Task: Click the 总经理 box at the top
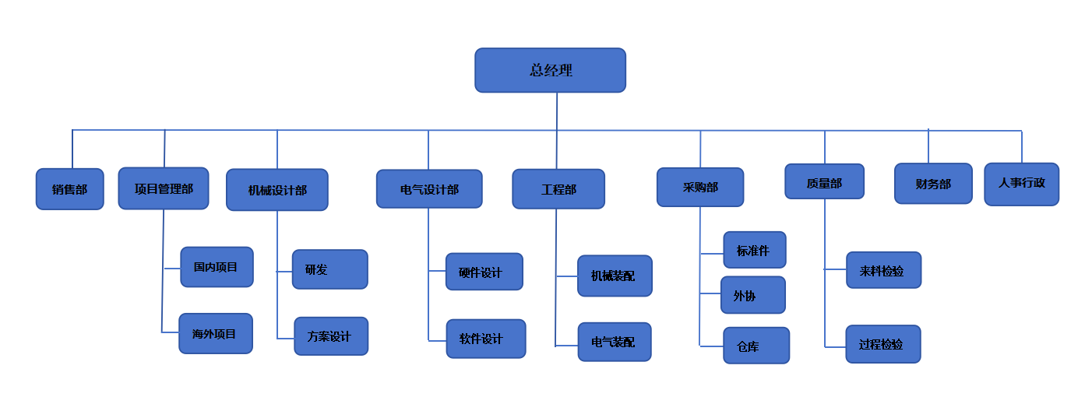(x=550, y=70)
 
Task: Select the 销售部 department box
(x=69, y=189)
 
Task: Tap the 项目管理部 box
(x=164, y=188)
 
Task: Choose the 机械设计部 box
(x=277, y=190)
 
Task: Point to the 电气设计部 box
(x=429, y=189)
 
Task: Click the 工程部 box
(x=558, y=189)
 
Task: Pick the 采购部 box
(x=700, y=187)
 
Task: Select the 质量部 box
(x=824, y=181)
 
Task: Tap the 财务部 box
(x=933, y=184)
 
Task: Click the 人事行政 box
(x=1021, y=184)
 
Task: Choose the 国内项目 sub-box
(x=217, y=267)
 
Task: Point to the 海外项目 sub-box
(x=215, y=333)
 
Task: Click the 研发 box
(x=329, y=269)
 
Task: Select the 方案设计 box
(x=331, y=336)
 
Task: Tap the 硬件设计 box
(x=484, y=272)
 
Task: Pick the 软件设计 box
(x=485, y=339)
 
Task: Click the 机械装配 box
(x=615, y=276)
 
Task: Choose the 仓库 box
(x=756, y=346)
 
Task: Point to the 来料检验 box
(x=883, y=270)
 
